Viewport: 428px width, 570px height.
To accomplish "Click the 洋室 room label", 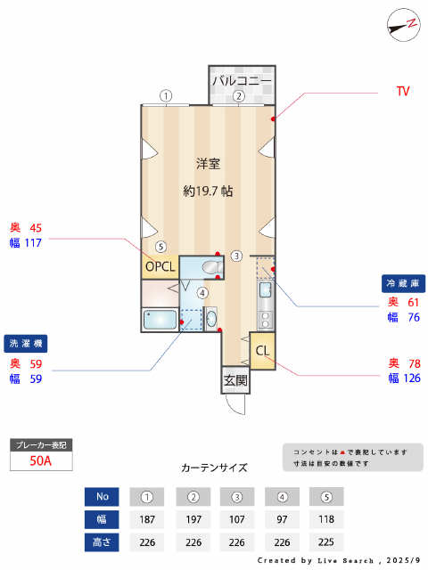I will point(209,164).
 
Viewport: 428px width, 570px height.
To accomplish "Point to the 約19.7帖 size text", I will point(209,191).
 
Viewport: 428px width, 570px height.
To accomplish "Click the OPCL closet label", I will point(161,265).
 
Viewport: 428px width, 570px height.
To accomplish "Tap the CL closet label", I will point(263,350).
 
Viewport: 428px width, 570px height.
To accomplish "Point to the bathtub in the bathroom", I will point(160,321).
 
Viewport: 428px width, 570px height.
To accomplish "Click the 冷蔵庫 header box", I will point(402,283).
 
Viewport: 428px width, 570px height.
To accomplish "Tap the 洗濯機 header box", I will point(27,343).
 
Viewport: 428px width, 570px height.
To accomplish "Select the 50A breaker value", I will point(40,461).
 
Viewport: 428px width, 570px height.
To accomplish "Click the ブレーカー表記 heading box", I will point(40,444).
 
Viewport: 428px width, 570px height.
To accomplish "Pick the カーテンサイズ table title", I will point(214,468).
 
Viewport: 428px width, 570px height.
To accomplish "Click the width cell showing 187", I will point(147,517).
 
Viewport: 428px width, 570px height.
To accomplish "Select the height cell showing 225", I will point(325,540).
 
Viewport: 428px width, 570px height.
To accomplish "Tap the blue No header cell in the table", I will point(102,496).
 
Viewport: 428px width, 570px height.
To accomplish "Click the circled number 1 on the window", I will point(165,95).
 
